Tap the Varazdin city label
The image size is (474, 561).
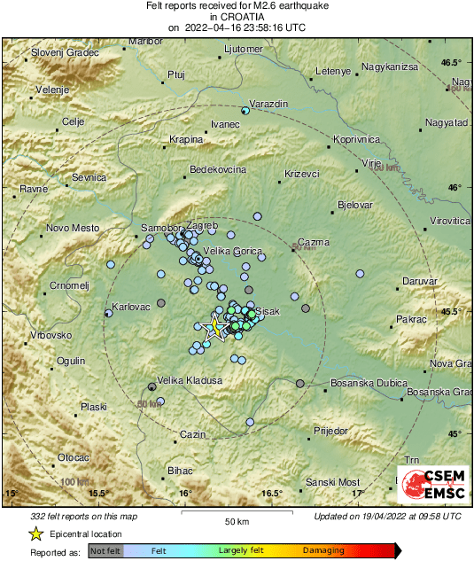click(269, 105)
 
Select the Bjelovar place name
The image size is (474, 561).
click(354, 206)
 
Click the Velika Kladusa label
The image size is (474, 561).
click(189, 379)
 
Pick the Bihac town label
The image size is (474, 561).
click(180, 471)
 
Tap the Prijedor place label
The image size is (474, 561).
click(331, 431)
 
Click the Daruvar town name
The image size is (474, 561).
click(419, 281)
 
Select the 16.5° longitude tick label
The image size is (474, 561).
click(271, 493)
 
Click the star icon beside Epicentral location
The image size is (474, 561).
click(35, 534)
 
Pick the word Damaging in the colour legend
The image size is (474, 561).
click(324, 550)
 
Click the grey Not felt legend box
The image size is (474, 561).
click(106, 550)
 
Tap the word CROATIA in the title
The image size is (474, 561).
click(237, 16)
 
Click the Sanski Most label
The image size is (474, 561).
click(333, 482)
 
